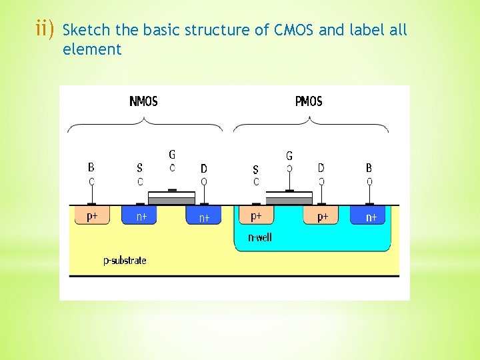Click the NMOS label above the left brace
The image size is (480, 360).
143,101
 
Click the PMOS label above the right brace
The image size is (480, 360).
309,101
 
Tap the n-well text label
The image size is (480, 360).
259,237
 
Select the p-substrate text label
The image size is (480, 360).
125,260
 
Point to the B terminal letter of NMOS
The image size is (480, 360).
91,168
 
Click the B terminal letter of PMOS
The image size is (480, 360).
369,168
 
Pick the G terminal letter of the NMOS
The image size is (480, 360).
173,155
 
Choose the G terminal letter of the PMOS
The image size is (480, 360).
289,156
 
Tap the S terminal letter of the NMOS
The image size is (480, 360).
139,169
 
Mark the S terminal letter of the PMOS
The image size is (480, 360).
256,170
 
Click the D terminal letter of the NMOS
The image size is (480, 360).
204,169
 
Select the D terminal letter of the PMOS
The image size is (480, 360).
321,168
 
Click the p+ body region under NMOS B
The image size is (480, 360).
92,215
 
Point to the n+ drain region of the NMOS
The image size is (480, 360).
204,217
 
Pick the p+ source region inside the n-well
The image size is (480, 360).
256,216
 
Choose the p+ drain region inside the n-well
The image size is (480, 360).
322,217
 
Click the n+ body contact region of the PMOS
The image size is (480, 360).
371,217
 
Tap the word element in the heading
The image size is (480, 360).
92,49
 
